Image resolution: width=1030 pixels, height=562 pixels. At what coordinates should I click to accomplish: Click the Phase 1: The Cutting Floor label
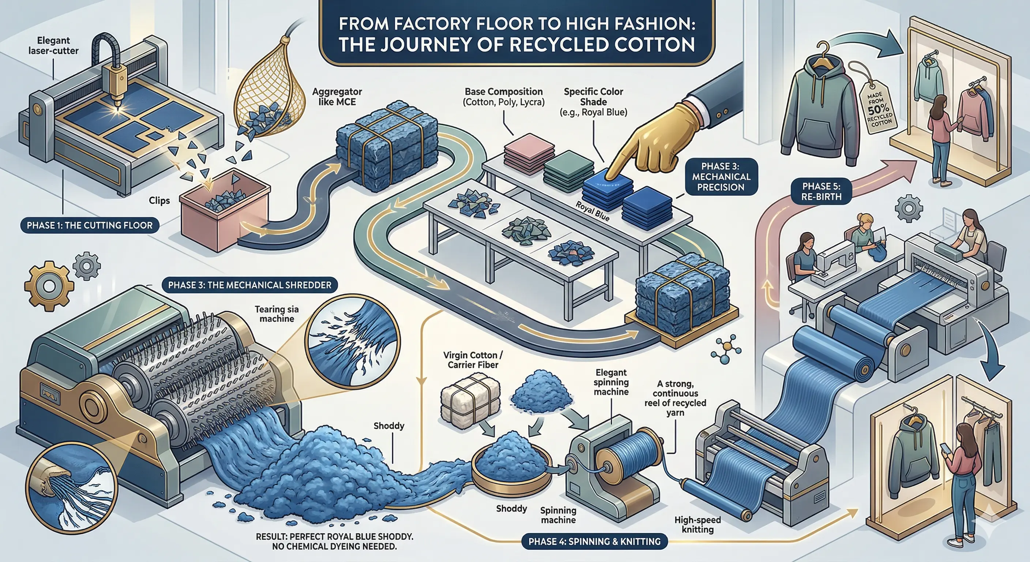click(x=90, y=225)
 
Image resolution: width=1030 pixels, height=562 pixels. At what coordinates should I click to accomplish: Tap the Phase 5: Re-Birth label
click(x=821, y=191)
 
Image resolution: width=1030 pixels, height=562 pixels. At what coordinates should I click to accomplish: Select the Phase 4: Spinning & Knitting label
click(x=595, y=542)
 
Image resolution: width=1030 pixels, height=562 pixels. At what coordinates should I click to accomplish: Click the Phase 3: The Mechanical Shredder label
click(x=249, y=285)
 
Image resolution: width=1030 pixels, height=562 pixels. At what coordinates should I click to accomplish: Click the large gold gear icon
click(x=49, y=286)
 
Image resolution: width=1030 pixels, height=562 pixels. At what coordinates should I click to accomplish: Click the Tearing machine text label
click(x=277, y=314)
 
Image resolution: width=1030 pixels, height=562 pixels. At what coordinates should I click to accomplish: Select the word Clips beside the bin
click(x=159, y=201)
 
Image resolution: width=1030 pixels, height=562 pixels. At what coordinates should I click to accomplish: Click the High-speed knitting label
click(x=697, y=524)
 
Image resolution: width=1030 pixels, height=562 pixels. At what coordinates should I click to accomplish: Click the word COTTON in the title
click(x=655, y=45)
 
